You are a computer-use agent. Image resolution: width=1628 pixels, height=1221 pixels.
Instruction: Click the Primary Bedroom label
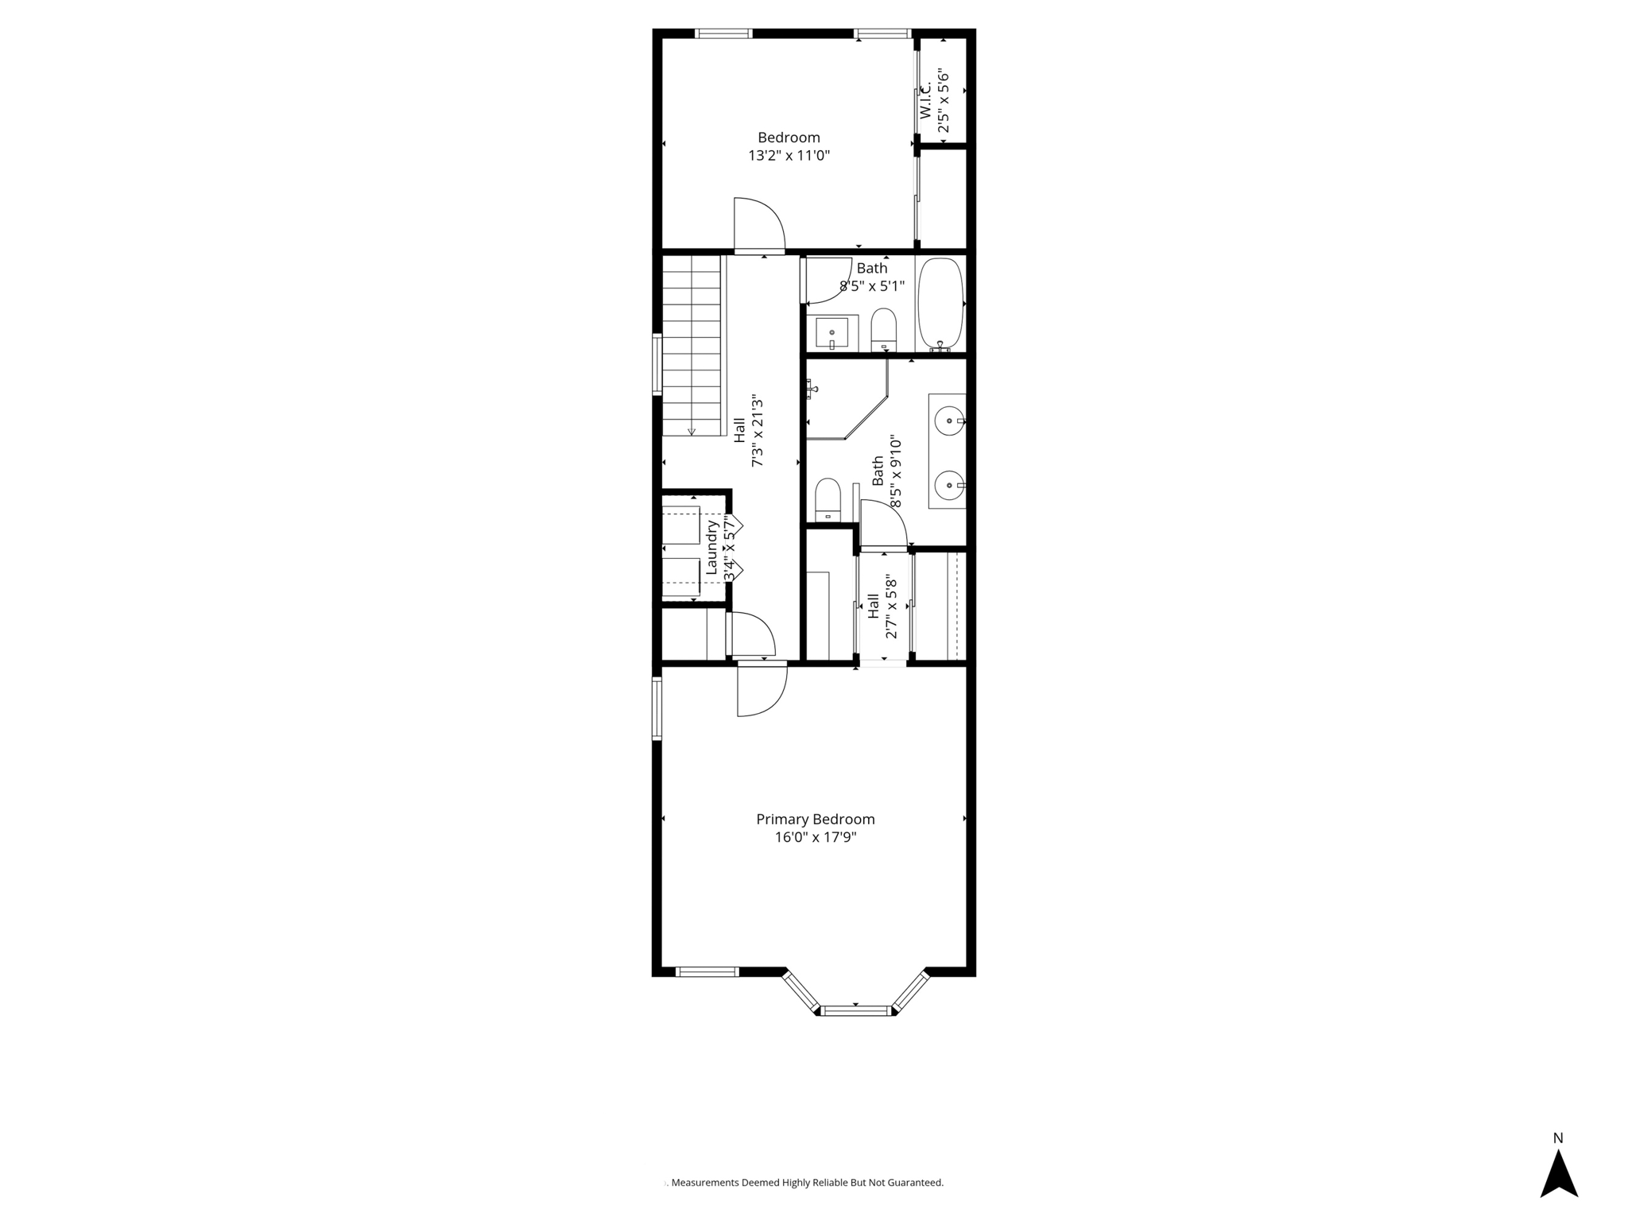815,819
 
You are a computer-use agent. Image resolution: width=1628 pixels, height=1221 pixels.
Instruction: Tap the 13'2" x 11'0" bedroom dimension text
789,156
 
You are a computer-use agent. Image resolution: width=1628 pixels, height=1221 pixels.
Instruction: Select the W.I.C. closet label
926,100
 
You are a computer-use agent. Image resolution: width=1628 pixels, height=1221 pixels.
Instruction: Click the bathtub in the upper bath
941,304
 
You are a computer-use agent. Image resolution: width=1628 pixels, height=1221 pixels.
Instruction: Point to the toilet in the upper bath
883,328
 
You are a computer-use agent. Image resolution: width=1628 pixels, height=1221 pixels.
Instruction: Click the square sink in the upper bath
831,331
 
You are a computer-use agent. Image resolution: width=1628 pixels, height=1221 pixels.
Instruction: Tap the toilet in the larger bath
828,498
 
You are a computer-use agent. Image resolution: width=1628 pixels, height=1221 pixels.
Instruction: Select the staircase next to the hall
692,346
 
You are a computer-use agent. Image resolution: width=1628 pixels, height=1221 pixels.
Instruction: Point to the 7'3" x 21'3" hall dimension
758,432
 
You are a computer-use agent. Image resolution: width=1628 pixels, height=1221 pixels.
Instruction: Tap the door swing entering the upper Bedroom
758,224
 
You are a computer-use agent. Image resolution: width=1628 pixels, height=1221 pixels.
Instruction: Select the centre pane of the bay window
856,1010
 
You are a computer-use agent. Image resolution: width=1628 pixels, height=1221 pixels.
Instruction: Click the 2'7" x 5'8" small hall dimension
891,608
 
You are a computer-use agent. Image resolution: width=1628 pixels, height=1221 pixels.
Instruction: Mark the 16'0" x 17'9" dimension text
815,837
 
